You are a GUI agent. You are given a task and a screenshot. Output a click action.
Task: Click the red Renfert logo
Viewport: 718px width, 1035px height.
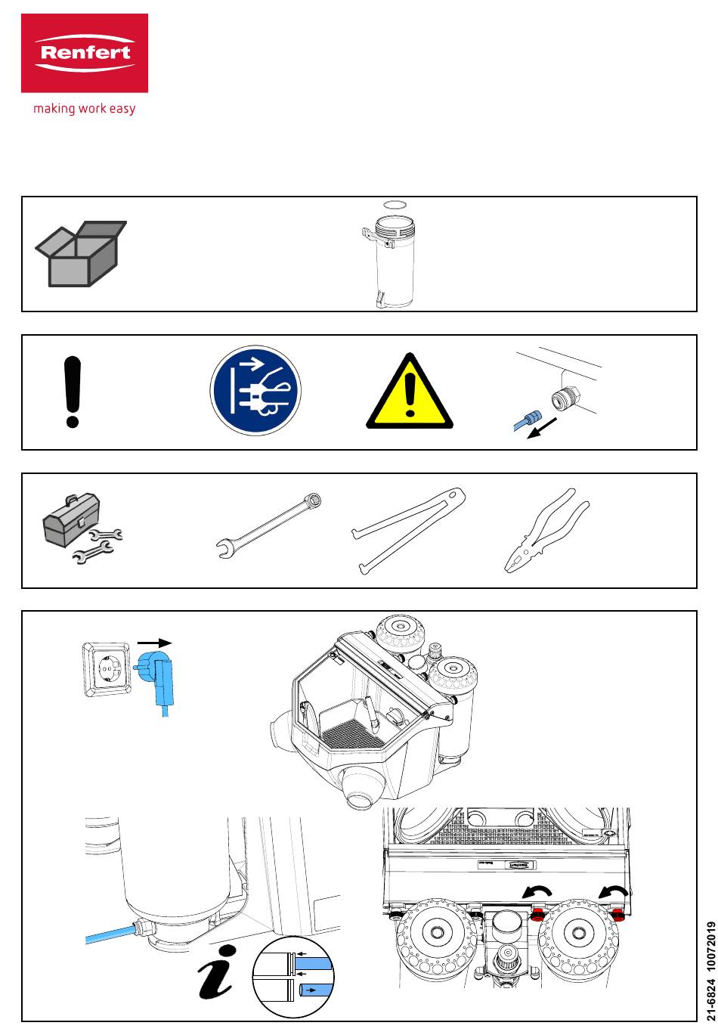coord(84,53)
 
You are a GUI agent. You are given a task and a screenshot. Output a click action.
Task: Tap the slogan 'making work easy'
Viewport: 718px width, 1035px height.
coord(84,109)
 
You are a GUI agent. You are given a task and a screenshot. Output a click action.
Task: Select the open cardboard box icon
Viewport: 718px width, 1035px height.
coord(80,253)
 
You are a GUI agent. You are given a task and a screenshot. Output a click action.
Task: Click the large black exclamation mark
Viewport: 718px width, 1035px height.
coord(73,392)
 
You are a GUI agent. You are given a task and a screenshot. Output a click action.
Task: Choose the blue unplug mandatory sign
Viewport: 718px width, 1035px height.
coord(255,392)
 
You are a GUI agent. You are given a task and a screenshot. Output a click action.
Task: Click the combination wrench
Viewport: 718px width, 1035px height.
coord(269,523)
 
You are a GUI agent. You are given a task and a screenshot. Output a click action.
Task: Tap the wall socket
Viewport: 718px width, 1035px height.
coord(107,668)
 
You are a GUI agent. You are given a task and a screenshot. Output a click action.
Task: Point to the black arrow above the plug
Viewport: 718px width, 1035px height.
coord(155,643)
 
